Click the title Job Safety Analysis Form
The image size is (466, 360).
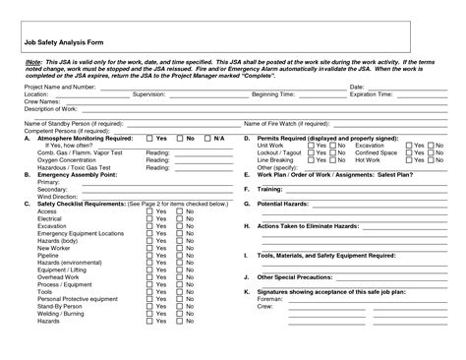click(x=60, y=43)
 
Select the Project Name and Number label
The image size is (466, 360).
click(x=59, y=88)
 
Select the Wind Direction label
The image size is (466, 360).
click(x=59, y=197)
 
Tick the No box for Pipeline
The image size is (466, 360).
click(x=179, y=256)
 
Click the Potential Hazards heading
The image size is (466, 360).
click(x=286, y=204)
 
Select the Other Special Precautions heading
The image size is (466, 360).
click(x=299, y=277)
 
